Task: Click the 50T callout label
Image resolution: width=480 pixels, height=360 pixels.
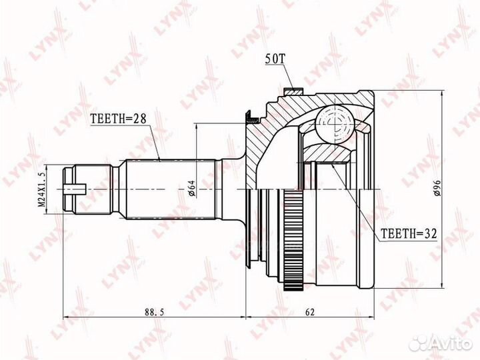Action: point(275,60)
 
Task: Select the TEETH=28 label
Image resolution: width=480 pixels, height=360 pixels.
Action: point(119,119)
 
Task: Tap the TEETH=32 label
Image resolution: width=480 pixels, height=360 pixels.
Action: point(409,234)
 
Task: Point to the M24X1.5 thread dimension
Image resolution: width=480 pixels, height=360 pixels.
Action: point(42,189)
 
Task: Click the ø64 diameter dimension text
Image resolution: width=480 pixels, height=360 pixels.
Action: point(191,188)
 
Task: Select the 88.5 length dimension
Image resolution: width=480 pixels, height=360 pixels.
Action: point(155,312)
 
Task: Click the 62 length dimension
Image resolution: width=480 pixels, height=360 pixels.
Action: point(310,312)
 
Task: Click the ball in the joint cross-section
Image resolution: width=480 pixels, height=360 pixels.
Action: point(335,124)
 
